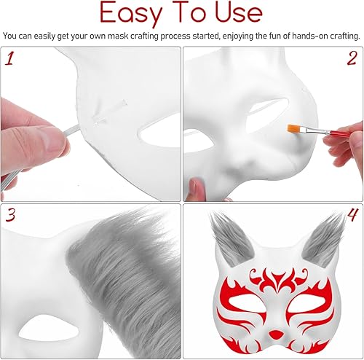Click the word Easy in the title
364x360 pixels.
pos(130,14)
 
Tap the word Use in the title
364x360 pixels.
pos(239,12)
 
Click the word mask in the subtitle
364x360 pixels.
pos(116,36)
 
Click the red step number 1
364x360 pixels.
pos(9,59)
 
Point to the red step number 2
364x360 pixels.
pos(352,58)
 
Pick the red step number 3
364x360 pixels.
pos(10,215)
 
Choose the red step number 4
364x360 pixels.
pos(352,215)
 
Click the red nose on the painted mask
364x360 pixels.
pos(275,334)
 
